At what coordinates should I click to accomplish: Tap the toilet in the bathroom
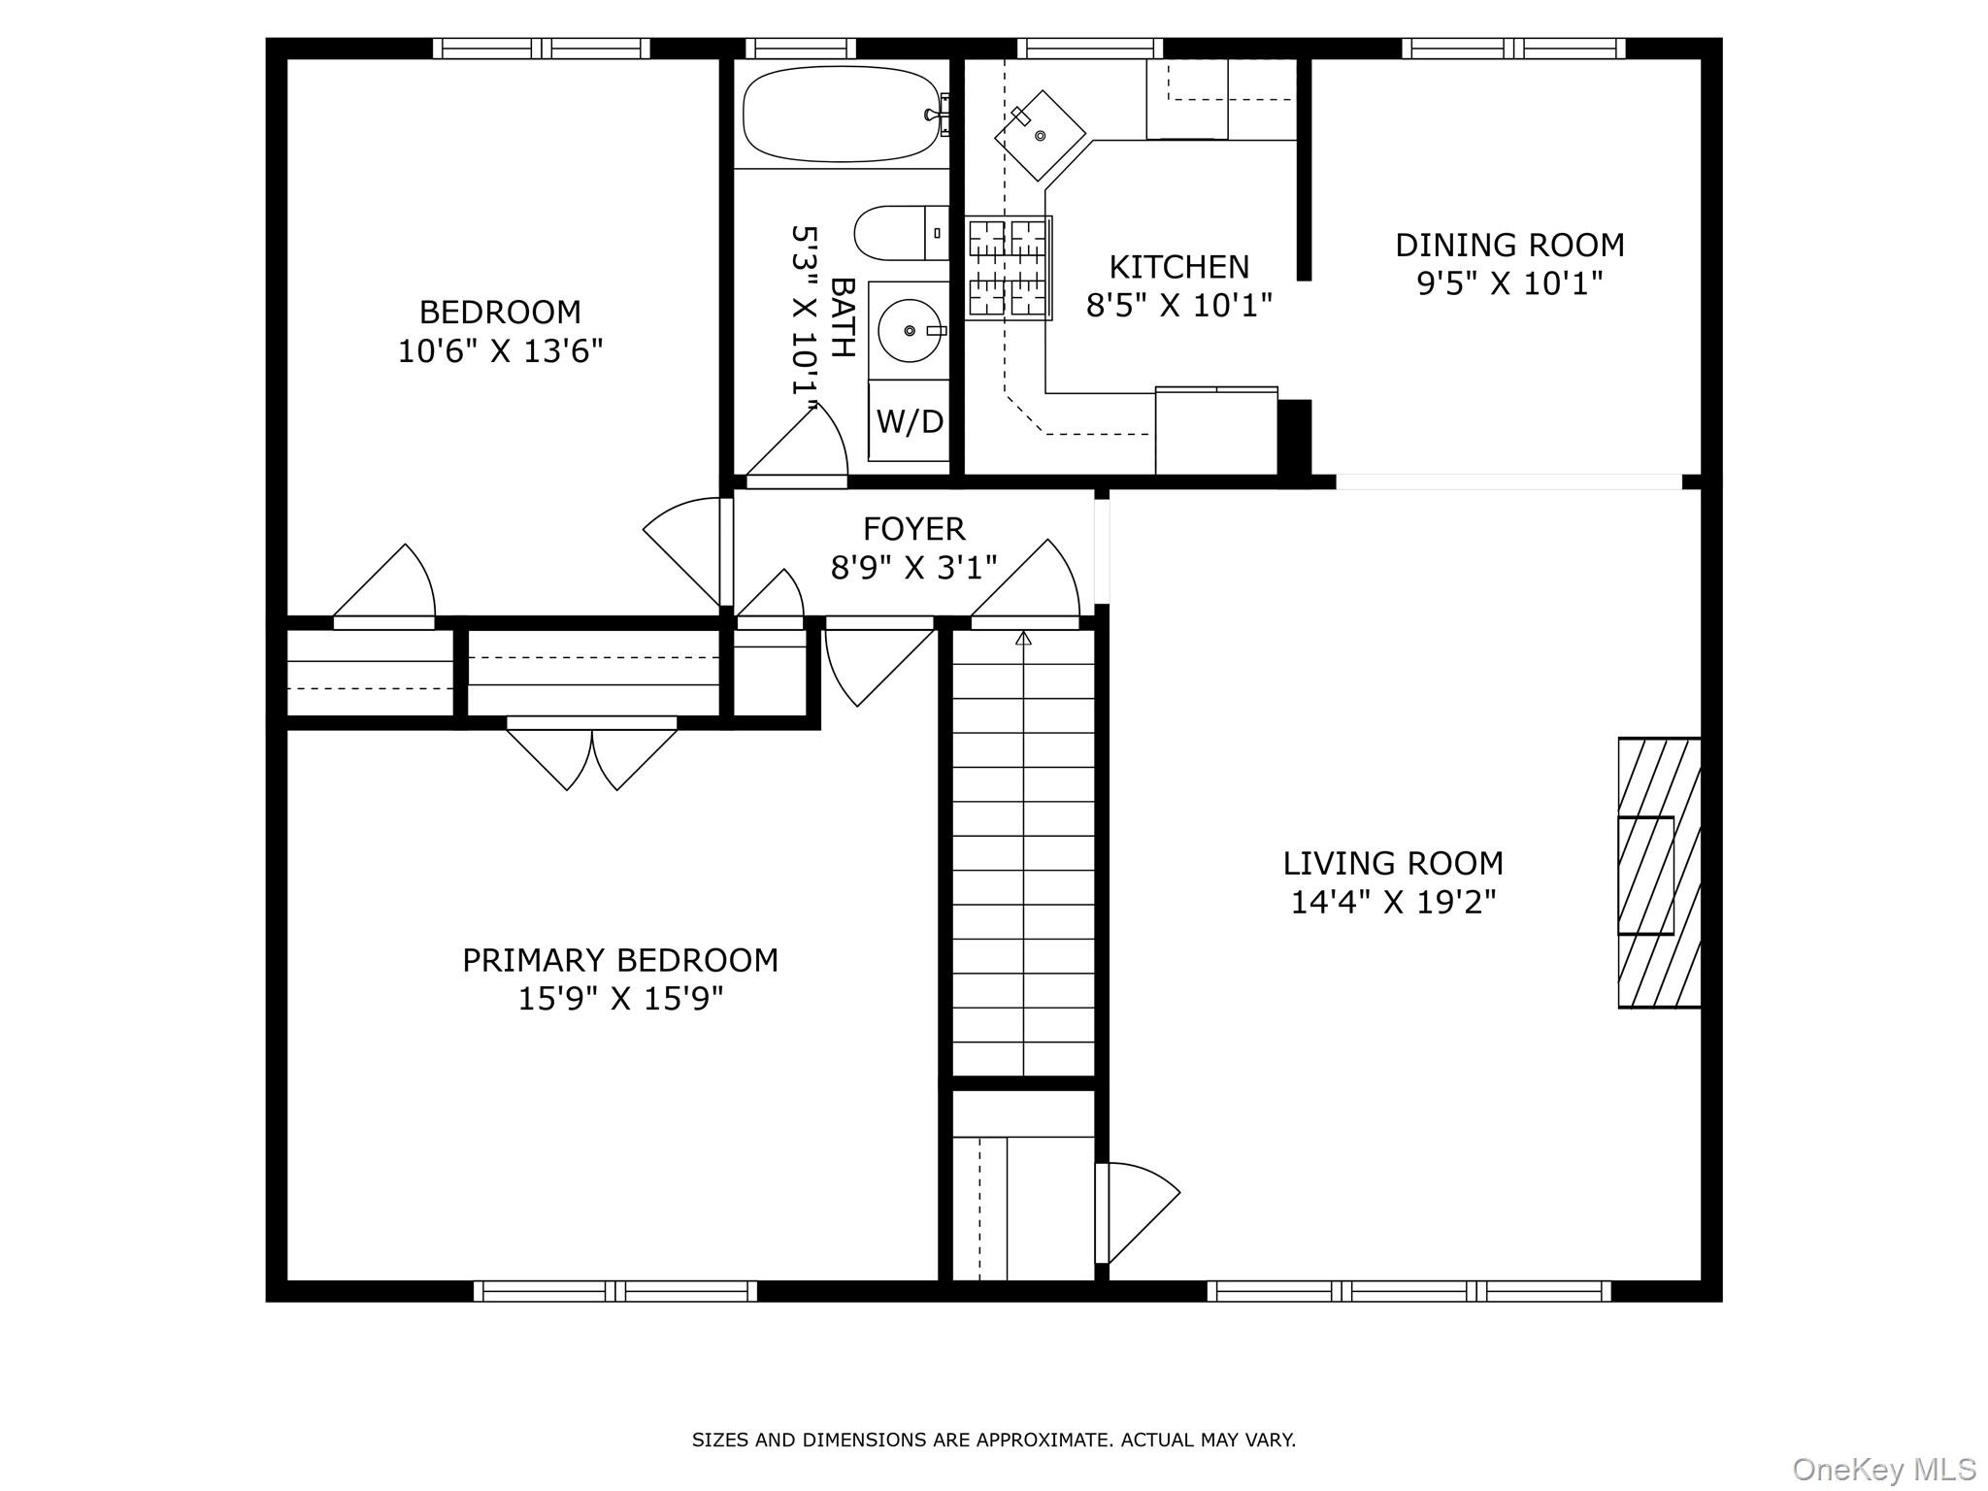tap(898, 233)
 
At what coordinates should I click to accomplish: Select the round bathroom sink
tap(909, 331)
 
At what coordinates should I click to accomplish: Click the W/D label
tap(910, 421)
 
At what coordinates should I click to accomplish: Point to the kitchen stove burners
tap(1009, 268)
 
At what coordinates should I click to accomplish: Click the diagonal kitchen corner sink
tap(1040, 136)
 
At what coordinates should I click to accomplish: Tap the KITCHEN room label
tap(1178, 267)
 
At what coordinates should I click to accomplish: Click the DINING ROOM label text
tap(1509, 245)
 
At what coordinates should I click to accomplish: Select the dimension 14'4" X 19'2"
tap(1392, 903)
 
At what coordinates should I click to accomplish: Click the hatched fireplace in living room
tap(1658, 874)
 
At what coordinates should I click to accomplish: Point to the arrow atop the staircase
tap(1023, 638)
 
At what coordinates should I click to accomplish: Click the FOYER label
tap(913, 529)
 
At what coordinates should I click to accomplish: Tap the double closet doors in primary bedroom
tap(592, 755)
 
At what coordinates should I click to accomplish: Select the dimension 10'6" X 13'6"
tap(500, 350)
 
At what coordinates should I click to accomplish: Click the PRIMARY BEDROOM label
tap(619, 960)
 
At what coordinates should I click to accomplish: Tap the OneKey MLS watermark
tap(1883, 1469)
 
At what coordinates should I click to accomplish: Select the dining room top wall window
tap(1512, 49)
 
